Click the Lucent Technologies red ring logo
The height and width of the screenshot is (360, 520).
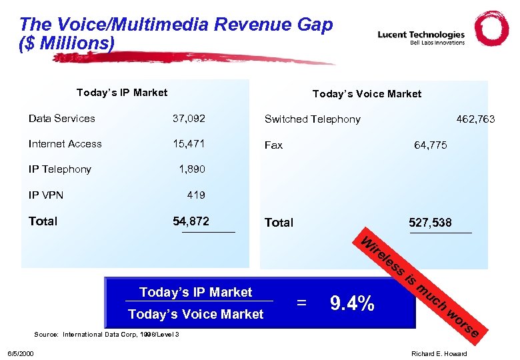click(x=491, y=29)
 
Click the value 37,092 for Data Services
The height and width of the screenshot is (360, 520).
click(x=189, y=119)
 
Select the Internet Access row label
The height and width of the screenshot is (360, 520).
click(x=65, y=144)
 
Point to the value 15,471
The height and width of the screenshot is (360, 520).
click(x=189, y=144)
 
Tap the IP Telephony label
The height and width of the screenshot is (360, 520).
click(x=60, y=169)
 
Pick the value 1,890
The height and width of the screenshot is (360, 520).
click(x=192, y=169)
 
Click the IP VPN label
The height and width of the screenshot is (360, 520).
click(x=45, y=195)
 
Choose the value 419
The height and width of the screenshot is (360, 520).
click(x=196, y=195)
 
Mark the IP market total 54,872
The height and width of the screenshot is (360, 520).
click(x=191, y=221)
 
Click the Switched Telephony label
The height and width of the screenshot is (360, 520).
click(x=312, y=119)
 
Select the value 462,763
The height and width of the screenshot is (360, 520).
click(x=475, y=119)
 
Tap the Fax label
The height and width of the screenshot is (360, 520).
click(x=273, y=145)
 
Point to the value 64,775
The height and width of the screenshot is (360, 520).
click(x=431, y=145)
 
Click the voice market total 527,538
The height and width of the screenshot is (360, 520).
click(x=431, y=223)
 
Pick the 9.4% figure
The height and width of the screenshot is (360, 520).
click(x=352, y=304)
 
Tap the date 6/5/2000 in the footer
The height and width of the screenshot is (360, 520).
click(x=21, y=353)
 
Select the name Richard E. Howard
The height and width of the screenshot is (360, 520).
click(x=439, y=353)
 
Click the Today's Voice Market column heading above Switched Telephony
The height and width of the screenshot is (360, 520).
click(x=367, y=94)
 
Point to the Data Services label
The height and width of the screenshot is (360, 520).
click(x=62, y=119)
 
